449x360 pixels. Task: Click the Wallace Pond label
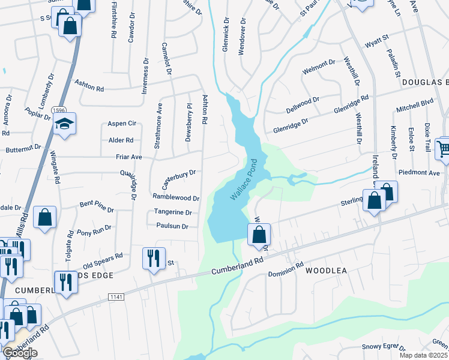245,179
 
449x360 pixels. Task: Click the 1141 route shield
116,297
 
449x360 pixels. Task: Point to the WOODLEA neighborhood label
327,271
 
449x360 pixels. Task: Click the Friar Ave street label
128,157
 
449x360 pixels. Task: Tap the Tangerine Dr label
173,212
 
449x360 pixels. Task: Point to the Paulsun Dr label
172,226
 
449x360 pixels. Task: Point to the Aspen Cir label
122,124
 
